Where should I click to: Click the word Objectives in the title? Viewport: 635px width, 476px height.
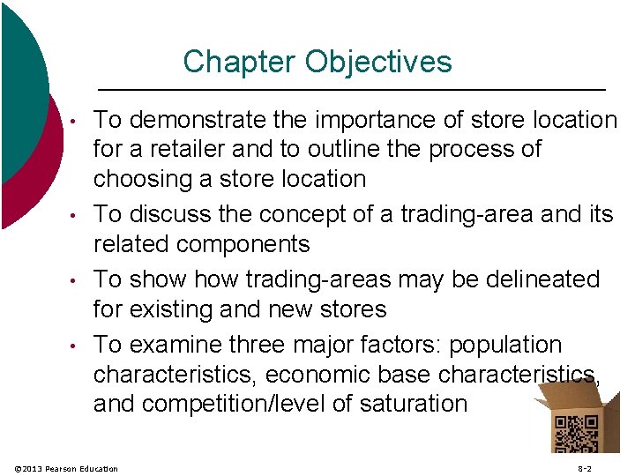point(378,62)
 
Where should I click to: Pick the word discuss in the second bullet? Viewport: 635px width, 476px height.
point(177,213)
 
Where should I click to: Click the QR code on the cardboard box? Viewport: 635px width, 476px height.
point(574,433)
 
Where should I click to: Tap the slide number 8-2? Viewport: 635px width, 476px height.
point(585,468)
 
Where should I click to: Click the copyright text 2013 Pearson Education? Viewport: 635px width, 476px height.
point(71,468)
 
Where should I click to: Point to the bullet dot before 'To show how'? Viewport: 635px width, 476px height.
point(77,280)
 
